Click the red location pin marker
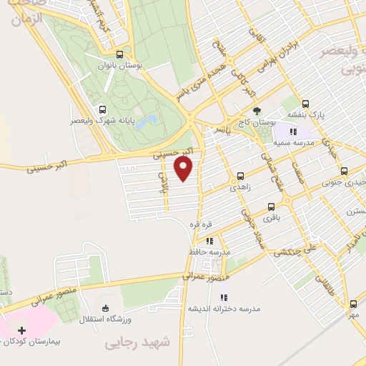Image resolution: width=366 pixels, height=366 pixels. pos(184,169)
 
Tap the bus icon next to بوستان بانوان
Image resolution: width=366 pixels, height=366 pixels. pos(119,54)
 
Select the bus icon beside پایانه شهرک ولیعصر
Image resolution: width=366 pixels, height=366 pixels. pos(103,110)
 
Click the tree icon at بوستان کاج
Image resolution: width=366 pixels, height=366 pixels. pos(257,110)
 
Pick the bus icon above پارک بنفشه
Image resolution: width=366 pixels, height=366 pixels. pos(305,103)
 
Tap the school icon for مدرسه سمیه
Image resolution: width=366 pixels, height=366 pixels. pos(292,131)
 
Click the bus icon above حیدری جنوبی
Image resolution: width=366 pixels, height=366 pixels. pos(344,171)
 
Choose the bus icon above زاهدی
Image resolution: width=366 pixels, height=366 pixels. pos(239,175)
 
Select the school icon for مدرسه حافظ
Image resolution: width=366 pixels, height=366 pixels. pos(209,242)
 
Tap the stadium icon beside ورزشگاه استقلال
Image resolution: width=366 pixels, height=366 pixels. pos(106,309)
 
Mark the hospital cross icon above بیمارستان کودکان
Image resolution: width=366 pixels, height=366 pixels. pos(21,330)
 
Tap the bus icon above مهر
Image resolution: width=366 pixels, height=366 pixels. pos(353,304)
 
